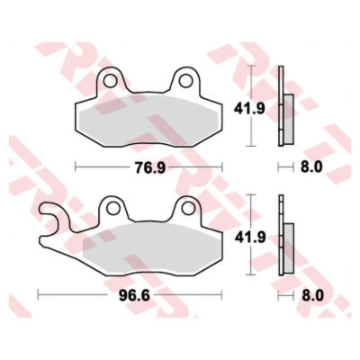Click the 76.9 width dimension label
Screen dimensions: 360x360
click(x=150, y=167)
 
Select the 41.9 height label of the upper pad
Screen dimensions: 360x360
click(x=249, y=109)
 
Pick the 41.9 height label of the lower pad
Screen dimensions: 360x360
click(x=250, y=238)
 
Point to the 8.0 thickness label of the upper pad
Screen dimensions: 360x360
click(x=311, y=166)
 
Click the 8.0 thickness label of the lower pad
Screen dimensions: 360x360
click(x=312, y=296)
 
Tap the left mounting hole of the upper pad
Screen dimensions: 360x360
click(x=110, y=81)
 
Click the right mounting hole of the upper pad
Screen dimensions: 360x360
click(x=185, y=81)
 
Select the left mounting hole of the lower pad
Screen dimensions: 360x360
click(x=113, y=208)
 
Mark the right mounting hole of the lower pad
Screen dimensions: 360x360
click(x=188, y=208)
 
